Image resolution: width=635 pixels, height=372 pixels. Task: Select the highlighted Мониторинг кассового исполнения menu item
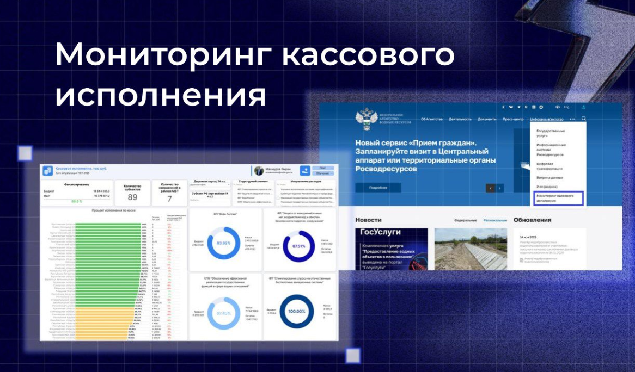(558, 198)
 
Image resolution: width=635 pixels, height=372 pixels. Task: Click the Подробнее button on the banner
(378, 188)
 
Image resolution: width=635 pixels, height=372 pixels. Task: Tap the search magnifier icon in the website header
(584, 119)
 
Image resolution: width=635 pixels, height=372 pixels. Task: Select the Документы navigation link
(487, 119)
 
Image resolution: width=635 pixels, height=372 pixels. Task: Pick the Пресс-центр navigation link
(512, 119)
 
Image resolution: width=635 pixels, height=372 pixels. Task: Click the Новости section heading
(368, 220)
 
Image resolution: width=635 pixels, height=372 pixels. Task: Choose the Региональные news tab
(494, 220)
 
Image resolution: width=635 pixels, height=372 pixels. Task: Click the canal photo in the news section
(471, 249)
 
